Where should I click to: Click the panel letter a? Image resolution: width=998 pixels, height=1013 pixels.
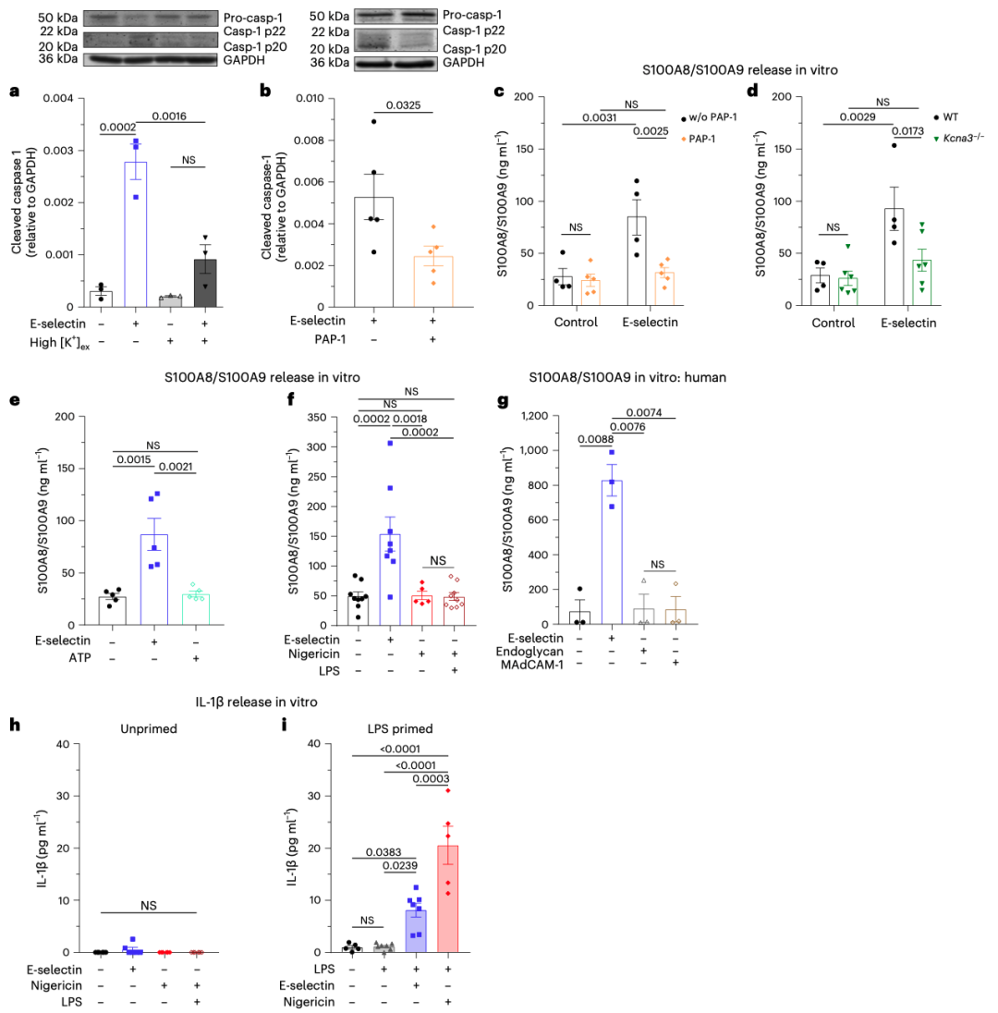[x=13, y=91]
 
